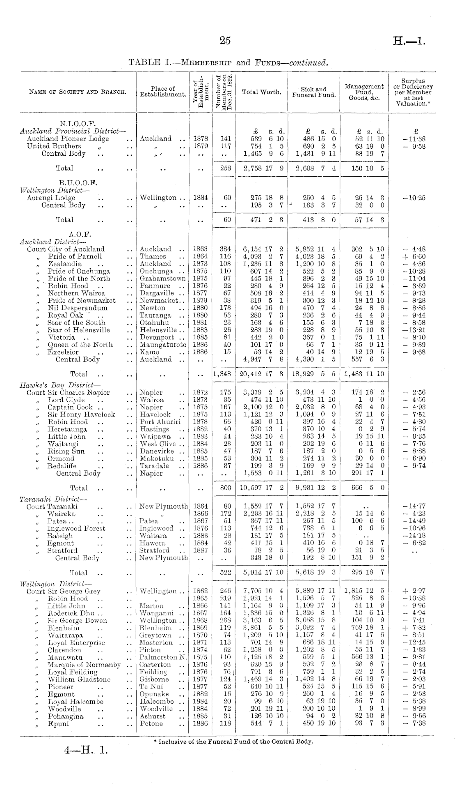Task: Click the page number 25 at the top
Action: tap(225, 40)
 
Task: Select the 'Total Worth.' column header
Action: tap(261, 92)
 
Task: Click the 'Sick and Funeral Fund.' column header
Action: tap(314, 92)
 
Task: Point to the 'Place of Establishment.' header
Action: tap(163, 92)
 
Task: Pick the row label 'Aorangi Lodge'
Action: tap(51, 198)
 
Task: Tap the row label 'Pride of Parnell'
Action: tap(75, 256)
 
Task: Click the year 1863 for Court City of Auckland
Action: tap(201, 249)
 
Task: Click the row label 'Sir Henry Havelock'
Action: tap(81, 414)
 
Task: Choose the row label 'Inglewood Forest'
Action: tap(76, 529)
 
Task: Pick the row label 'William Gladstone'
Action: tap(79, 679)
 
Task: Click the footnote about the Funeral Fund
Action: tap(233, 742)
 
